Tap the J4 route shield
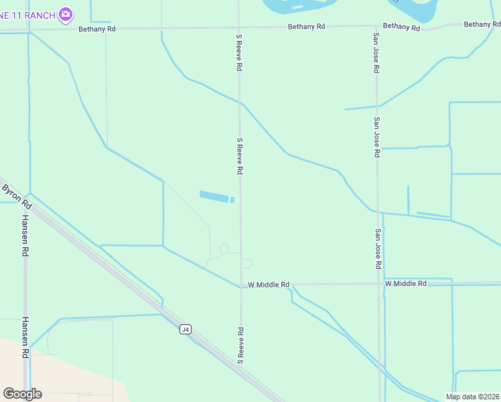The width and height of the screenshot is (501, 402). [x=186, y=329]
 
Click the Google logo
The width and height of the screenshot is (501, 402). [x=22, y=394]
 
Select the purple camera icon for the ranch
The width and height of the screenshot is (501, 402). [x=65, y=13]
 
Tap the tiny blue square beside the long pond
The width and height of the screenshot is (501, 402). [x=232, y=200]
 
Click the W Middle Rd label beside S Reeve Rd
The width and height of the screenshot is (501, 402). [x=269, y=285]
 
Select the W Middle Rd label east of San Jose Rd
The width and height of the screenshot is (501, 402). [x=406, y=283]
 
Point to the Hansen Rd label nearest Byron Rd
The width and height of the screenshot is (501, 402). [x=25, y=234]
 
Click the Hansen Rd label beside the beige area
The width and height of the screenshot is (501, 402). [x=25, y=337]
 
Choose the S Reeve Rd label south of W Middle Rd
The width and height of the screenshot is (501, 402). [x=240, y=345]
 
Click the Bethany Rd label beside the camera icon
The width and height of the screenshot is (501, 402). [x=96, y=29]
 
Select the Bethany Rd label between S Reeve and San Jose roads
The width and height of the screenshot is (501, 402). [x=306, y=27]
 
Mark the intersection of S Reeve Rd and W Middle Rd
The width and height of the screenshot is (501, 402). [x=241, y=285]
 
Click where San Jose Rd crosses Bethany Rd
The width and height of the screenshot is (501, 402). [x=376, y=27]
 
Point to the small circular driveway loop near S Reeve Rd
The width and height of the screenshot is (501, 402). [x=224, y=249]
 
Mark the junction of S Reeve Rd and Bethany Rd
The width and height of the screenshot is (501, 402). [x=239, y=28]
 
